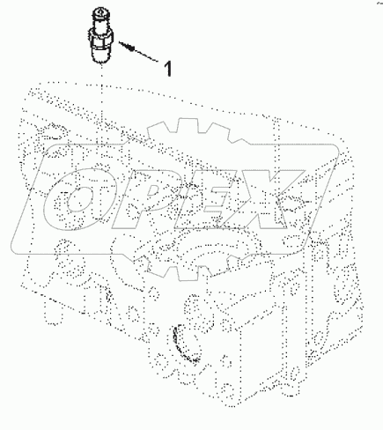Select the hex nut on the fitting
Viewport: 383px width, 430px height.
101,38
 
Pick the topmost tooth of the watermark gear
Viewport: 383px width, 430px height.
194,126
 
